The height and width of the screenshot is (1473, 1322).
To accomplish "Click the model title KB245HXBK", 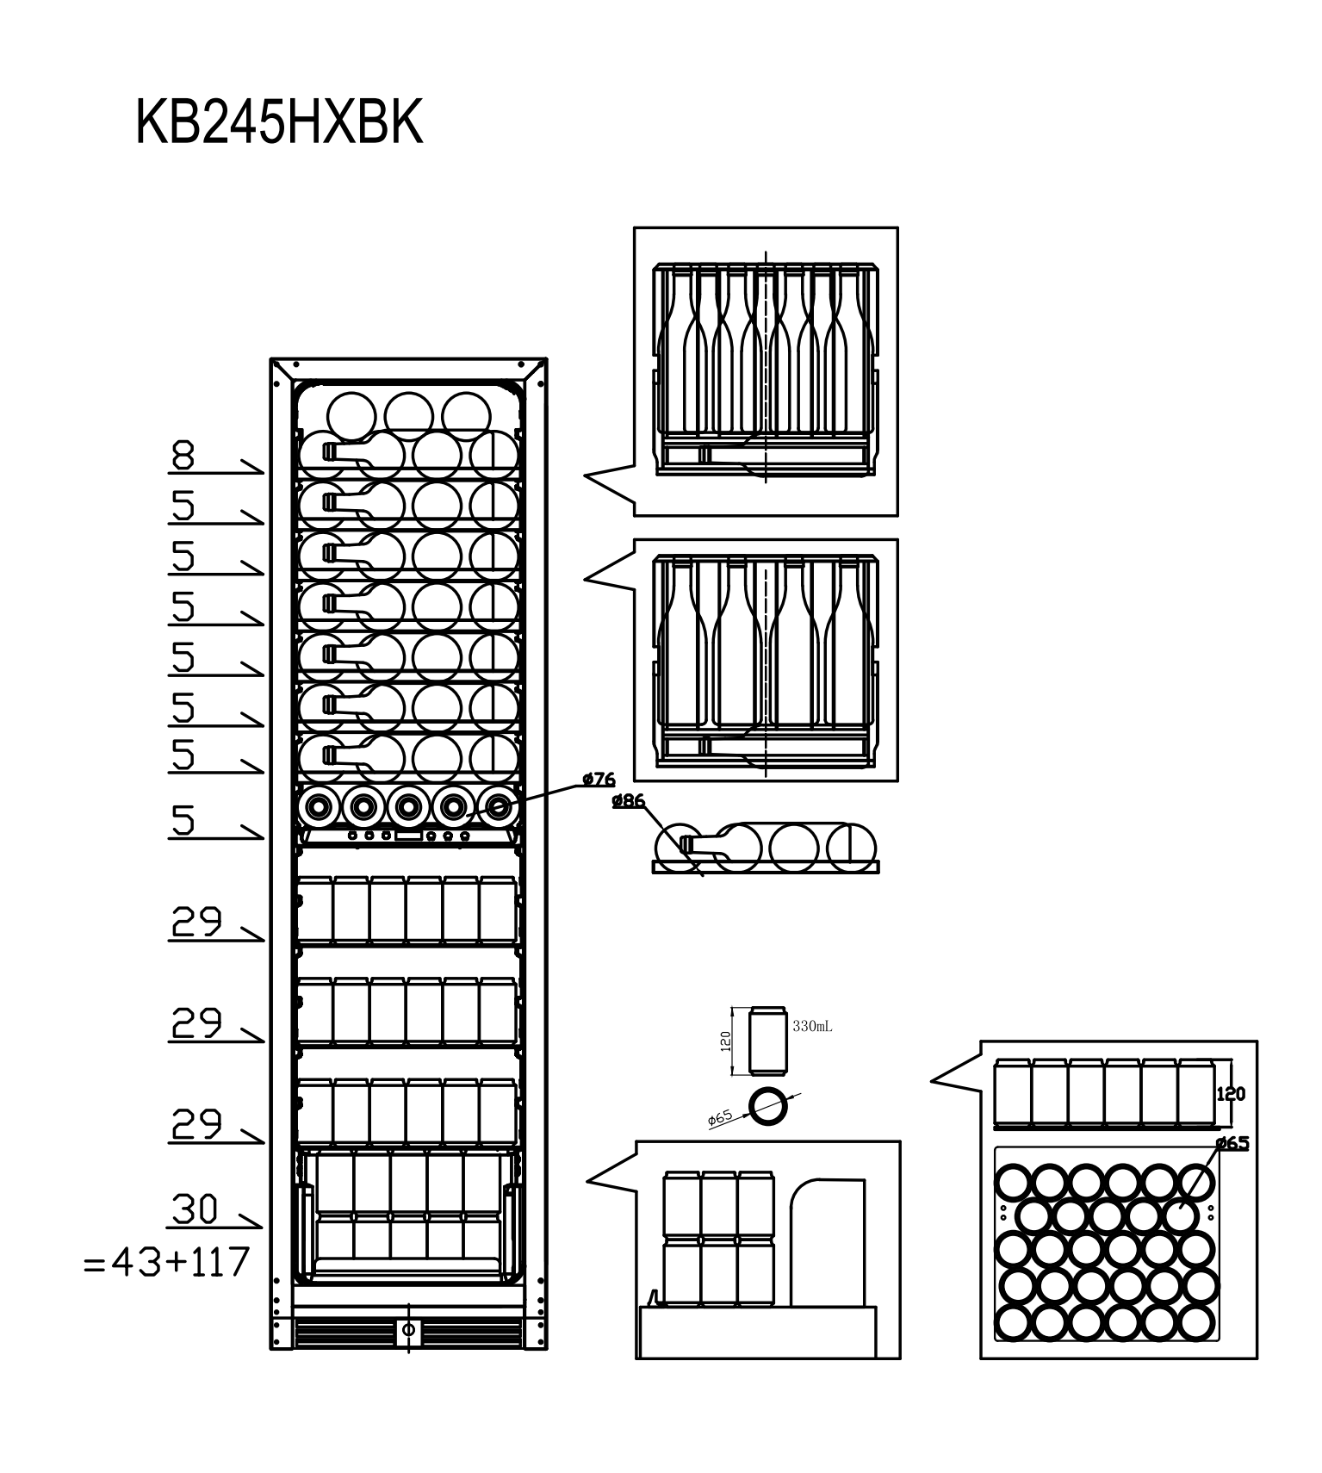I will [x=279, y=123].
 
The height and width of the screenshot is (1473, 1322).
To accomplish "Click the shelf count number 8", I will [x=183, y=455].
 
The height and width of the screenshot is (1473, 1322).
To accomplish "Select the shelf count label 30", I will [x=195, y=1209].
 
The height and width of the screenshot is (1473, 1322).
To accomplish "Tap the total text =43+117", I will [x=166, y=1263].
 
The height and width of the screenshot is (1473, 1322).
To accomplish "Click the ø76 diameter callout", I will [x=599, y=780].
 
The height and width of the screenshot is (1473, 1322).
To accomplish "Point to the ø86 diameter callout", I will [x=629, y=801].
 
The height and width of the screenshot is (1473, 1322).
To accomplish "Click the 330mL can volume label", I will [x=812, y=1027].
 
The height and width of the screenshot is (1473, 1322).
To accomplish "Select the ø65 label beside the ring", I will [x=720, y=1118].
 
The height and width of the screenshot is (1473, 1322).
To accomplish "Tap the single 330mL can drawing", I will [x=767, y=1040].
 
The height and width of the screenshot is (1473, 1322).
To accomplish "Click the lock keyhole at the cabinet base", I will [x=409, y=1329].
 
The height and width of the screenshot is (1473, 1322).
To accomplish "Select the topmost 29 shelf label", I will [x=197, y=922].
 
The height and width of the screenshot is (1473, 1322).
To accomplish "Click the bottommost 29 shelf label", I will [x=197, y=1123].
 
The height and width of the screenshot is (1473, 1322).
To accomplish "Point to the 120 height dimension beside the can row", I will [x=1231, y=1094].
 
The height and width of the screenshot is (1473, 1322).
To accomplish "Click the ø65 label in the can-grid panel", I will [x=1232, y=1143].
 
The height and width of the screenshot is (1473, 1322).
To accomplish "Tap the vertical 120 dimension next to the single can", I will [x=725, y=1041].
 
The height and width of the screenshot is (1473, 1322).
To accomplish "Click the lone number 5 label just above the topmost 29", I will [x=183, y=821].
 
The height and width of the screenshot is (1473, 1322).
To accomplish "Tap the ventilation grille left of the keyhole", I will [x=344, y=1332].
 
